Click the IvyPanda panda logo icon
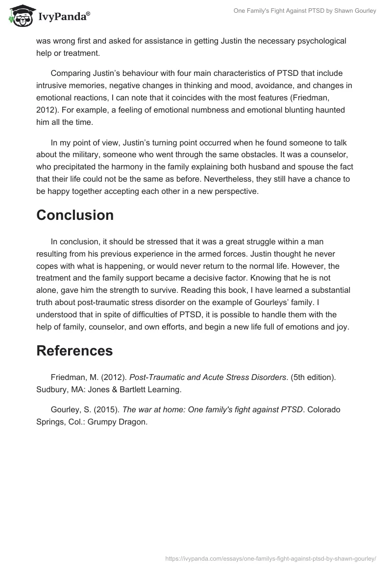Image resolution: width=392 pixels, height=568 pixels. click(20, 16)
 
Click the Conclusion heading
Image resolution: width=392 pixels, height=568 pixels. click(75, 215)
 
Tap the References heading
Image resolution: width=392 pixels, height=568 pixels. click(74, 351)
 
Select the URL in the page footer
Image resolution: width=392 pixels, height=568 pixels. click(270, 558)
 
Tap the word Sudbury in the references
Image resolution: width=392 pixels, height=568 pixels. click(51, 390)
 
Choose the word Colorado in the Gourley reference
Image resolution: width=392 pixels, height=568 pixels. click(322, 409)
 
